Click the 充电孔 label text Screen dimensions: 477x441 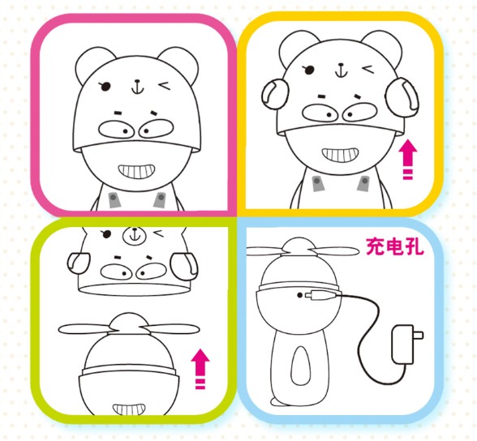(394, 246)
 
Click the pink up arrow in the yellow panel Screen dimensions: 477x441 (408, 159)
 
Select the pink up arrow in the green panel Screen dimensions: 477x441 (200, 369)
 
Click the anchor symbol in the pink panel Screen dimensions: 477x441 (138, 88)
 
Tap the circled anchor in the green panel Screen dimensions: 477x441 (134, 235)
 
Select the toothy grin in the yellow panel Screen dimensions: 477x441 (340, 155)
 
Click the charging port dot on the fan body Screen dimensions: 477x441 (299, 295)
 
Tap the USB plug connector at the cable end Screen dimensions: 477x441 (323, 295)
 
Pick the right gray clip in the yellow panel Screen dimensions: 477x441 (363, 184)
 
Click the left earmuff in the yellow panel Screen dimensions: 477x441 (275, 93)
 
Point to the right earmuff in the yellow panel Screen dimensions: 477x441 (402, 97)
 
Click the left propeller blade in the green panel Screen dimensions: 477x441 (84, 329)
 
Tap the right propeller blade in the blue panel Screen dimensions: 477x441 (333, 252)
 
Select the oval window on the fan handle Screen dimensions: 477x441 (301, 366)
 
